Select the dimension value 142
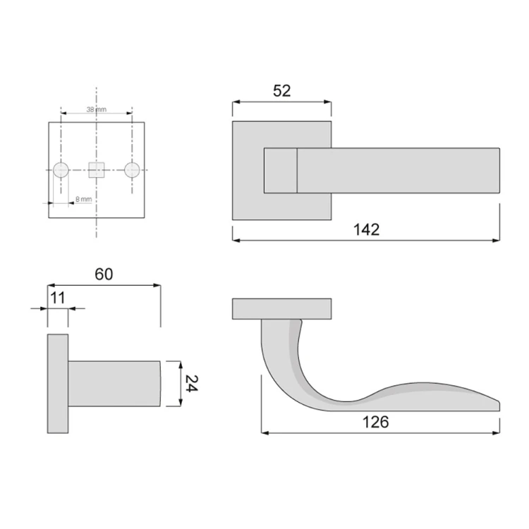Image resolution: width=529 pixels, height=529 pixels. point(366,229)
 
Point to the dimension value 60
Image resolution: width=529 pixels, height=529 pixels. point(104,274)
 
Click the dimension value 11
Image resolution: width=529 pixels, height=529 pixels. point(58,297)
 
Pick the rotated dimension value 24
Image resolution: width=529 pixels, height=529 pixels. point(190,384)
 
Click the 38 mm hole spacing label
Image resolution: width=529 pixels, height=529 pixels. point(96,110)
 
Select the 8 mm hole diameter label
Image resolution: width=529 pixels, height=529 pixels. point(83,200)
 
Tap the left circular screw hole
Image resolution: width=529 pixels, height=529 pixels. point(61,169)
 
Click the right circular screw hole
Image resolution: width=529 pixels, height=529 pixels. point(131,169)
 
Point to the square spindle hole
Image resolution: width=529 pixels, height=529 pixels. point(96,169)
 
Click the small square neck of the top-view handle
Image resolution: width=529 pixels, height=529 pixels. point(280,170)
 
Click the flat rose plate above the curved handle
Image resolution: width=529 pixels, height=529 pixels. point(281,308)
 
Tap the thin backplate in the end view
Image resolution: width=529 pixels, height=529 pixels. point(58,384)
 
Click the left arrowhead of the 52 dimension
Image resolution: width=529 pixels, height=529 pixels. point(235,102)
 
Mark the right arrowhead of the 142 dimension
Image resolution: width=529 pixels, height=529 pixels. point(497,241)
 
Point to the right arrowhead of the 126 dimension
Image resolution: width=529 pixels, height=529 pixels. point(497,432)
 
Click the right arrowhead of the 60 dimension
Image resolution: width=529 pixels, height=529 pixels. point(158,286)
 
